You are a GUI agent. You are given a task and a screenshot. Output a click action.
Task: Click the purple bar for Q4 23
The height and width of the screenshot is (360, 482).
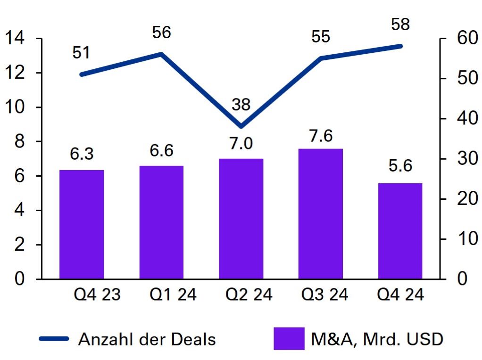(82, 224)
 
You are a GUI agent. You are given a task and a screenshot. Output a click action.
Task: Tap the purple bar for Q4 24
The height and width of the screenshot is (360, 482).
(400, 231)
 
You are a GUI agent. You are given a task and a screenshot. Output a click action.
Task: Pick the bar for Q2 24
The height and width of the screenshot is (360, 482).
(241, 219)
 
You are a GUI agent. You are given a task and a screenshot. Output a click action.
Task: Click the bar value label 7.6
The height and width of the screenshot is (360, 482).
(321, 136)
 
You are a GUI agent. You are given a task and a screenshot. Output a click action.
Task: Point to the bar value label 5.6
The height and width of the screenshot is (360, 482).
(400, 166)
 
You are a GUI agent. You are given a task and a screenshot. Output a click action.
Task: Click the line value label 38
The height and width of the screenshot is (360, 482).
(241, 105)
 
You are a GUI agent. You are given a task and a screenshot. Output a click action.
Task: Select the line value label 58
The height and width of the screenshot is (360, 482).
(400, 24)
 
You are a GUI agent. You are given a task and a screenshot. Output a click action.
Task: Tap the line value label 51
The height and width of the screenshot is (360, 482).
(81, 53)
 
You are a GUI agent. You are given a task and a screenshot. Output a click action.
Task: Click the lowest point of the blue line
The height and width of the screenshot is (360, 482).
(241, 126)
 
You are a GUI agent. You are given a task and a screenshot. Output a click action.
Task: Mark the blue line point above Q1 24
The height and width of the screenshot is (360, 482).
(161, 54)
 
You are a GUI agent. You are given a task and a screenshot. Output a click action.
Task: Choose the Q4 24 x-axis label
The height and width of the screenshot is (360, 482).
(400, 295)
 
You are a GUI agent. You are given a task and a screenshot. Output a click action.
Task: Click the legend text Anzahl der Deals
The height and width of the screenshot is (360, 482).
(147, 339)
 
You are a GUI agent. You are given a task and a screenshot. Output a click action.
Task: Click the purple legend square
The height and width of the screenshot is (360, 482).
(289, 339)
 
